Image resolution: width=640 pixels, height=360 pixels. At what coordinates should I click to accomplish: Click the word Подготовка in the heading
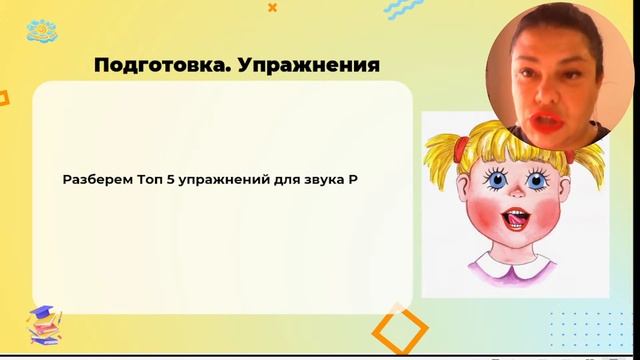coord(152,66)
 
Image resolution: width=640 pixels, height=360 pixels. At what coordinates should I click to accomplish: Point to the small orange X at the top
coord(273,7)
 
